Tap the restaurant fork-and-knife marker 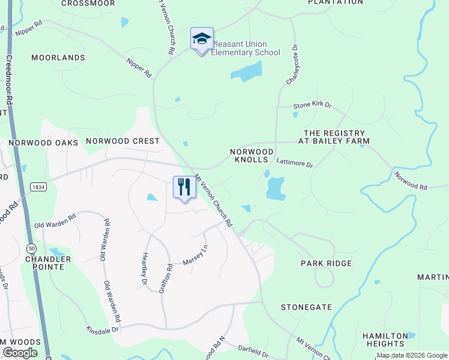(184, 187)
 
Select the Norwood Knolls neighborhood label (252, 156)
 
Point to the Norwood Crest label (122, 141)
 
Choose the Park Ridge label (326, 263)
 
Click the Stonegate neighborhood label (306, 307)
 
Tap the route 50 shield (32, 248)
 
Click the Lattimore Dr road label (294, 163)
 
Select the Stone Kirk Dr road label (312, 105)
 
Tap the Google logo (20, 353)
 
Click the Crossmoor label (88, 3)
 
